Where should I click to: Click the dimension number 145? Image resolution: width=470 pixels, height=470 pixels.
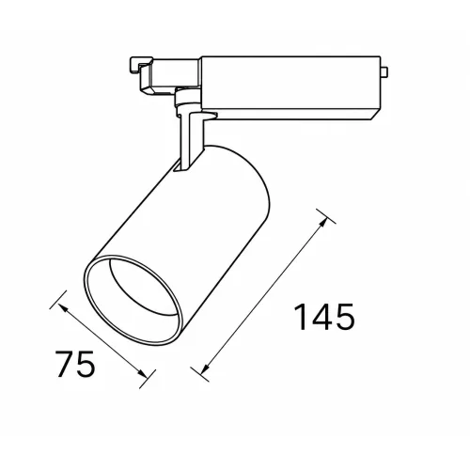pos(324,317)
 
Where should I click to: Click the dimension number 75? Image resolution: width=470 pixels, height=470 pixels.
pos(75,364)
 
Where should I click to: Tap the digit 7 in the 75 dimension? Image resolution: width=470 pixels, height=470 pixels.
pos(65,364)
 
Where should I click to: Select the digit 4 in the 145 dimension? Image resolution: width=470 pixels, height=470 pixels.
pos(323,317)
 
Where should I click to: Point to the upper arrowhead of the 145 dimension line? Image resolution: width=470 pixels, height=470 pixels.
pos(322,222)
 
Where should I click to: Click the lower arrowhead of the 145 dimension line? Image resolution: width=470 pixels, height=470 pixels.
pos(205,368)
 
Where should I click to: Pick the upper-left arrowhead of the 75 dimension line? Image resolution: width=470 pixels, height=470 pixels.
pos(63,307)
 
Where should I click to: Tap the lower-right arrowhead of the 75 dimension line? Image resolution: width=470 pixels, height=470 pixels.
pos(142,373)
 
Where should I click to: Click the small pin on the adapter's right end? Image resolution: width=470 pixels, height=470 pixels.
pos(384,71)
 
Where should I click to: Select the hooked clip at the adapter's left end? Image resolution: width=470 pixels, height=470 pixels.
pos(141,67)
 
